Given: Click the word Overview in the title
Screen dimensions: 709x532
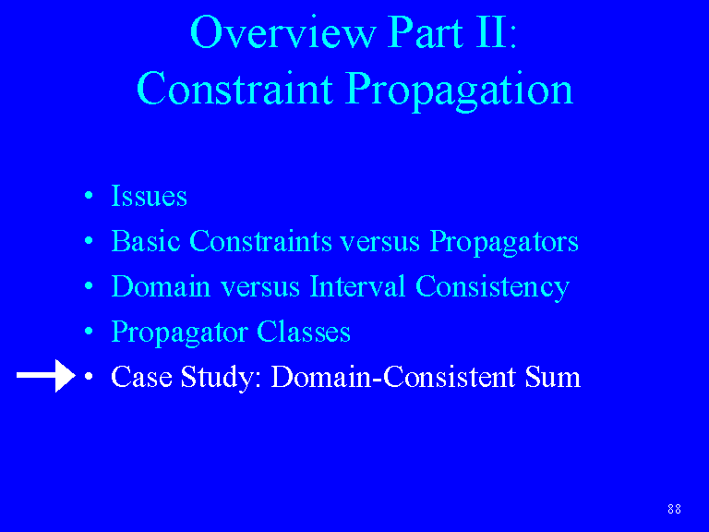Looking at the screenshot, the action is [x=283, y=32].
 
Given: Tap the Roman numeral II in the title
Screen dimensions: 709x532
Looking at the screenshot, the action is [x=492, y=32].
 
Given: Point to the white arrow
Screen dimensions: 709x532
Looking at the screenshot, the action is [x=45, y=376].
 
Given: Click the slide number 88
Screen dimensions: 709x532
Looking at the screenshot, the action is [x=674, y=509].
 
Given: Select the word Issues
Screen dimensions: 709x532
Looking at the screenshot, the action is [x=150, y=196].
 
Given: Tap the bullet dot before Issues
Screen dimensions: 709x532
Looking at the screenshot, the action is [x=89, y=196].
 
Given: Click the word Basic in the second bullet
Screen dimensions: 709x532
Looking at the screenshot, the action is [x=146, y=241].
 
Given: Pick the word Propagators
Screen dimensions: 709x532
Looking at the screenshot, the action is [x=504, y=243].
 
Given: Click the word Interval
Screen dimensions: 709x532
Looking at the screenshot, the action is [x=357, y=286].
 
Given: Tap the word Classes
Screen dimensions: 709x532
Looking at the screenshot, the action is [x=304, y=332].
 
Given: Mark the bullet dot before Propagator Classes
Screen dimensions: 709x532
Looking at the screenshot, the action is [x=89, y=332].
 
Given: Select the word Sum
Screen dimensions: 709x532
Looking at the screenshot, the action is [x=553, y=377].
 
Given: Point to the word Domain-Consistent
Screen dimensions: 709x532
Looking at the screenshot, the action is [x=393, y=377].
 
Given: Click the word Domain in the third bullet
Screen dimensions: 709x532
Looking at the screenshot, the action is [x=161, y=286].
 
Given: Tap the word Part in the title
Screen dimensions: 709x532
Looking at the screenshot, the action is [x=426, y=33].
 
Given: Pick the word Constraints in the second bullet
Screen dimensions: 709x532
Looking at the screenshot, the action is [x=260, y=241].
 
